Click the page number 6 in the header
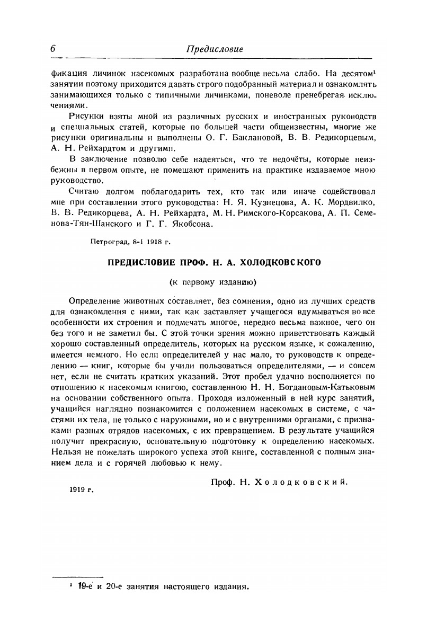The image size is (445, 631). [54, 48]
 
